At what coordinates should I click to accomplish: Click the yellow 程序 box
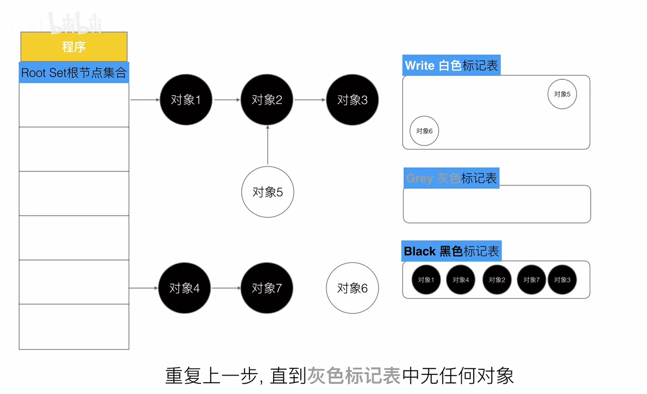[x=74, y=47]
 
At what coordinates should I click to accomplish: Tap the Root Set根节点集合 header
[x=74, y=72]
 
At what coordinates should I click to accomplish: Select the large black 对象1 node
[x=185, y=100]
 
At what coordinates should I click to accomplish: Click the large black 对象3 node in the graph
[x=352, y=100]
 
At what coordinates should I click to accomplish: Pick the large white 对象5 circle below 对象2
[x=267, y=192]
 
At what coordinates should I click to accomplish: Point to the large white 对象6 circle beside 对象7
[x=352, y=288]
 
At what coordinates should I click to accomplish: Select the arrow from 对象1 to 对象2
[x=227, y=100]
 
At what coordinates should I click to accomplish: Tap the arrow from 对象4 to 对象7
[x=226, y=288]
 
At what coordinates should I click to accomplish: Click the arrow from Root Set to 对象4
[x=143, y=288]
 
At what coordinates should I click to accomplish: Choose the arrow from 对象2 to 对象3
[x=310, y=100]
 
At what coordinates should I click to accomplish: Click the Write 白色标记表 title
[x=451, y=66]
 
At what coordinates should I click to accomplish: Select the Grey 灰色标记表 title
[x=451, y=178]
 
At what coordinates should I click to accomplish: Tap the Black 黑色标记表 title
[x=451, y=251]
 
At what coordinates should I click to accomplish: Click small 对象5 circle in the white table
[x=562, y=94]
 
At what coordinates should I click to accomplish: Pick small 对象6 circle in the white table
[x=424, y=131]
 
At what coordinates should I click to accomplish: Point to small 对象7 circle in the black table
[x=531, y=280]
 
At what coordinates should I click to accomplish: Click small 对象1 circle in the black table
[x=426, y=280]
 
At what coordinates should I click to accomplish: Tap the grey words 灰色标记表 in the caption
[x=354, y=376]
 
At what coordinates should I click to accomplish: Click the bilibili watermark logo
[x=76, y=23]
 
